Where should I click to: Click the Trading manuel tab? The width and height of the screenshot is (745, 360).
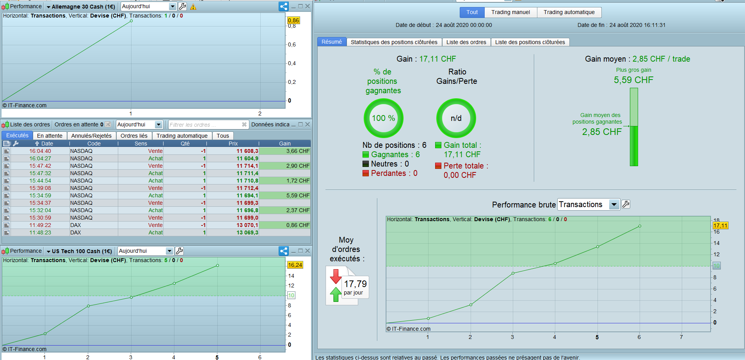pyautogui.click(x=510, y=12)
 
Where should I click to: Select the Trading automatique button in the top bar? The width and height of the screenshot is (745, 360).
pyautogui.click(x=569, y=12)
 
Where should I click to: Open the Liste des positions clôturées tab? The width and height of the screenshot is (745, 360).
pyautogui.click(x=530, y=42)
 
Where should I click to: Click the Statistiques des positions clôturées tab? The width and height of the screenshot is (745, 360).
pyautogui.click(x=394, y=42)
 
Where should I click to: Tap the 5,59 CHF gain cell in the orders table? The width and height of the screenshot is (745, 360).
pyautogui.click(x=297, y=195)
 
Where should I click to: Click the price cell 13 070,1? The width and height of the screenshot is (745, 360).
pyautogui.click(x=247, y=225)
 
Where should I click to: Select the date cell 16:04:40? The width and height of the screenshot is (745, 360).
pyautogui.click(x=40, y=151)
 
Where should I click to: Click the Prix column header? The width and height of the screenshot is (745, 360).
pyautogui.click(x=233, y=144)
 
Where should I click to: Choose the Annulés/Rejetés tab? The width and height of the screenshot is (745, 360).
pyautogui.click(x=91, y=136)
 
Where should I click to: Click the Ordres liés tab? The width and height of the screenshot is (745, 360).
pyautogui.click(x=134, y=136)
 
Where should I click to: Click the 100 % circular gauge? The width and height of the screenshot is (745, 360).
pyautogui.click(x=383, y=118)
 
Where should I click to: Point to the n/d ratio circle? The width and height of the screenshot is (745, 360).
pyautogui.click(x=456, y=118)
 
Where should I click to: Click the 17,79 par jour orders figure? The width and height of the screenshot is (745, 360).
pyautogui.click(x=355, y=287)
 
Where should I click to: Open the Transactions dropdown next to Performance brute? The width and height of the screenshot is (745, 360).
pyautogui.click(x=614, y=204)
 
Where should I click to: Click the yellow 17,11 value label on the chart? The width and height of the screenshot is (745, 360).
pyautogui.click(x=720, y=225)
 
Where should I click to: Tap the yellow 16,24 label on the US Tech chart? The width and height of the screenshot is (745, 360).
pyautogui.click(x=295, y=265)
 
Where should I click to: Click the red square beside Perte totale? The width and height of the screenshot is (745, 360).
pyautogui.click(x=438, y=166)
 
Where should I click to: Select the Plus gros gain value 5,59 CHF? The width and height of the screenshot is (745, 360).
pyautogui.click(x=633, y=80)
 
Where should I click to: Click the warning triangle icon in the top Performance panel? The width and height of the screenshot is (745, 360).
pyautogui.click(x=193, y=7)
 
